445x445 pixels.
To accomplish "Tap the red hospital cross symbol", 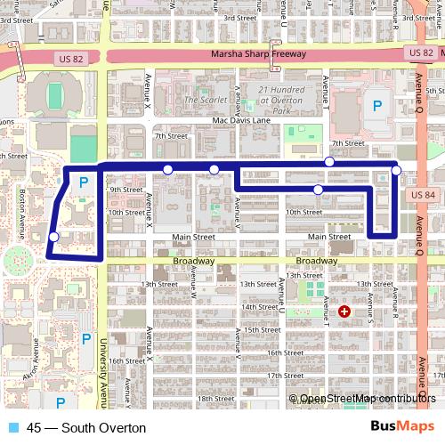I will [x=344, y=311].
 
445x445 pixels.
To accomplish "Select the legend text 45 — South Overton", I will [x=86, y=428].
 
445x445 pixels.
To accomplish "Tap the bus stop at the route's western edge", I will [x=54, y=237].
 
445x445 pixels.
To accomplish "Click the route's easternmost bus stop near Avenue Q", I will [x=396, y=170].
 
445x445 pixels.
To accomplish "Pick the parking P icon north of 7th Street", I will [x=377, y=106].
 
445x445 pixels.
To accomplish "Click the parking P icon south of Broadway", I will [x=85, y=338].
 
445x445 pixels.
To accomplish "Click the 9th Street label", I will [x=125, y=190].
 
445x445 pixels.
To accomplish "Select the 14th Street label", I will [x=261, y=306].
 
